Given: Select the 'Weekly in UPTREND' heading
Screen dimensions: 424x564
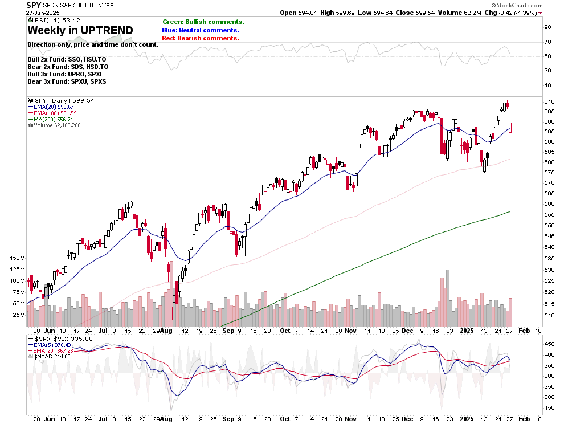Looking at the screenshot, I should click(x=80, y=30).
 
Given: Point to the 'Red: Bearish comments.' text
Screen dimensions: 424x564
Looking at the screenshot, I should click(x=200, y=38).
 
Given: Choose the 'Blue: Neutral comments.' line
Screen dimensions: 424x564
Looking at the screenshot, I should click(x=200, y=30).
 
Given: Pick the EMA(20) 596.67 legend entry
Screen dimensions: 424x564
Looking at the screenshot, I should click(x=54, y=106).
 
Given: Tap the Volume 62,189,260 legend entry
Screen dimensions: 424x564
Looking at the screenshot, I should click(x=56, y=125).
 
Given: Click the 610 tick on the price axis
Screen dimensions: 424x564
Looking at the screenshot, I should click(x=550, y=101).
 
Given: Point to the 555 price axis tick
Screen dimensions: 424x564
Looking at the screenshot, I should click(x=550, y=214).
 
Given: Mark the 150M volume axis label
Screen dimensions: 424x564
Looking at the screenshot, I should click(x=17, y=258).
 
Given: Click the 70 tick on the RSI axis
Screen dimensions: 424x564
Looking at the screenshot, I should click(x=547, y=42).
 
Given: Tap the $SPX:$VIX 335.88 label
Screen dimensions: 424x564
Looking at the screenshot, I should click(x=60, y=339).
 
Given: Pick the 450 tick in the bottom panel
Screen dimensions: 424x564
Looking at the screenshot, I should click(x=550, y=344).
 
